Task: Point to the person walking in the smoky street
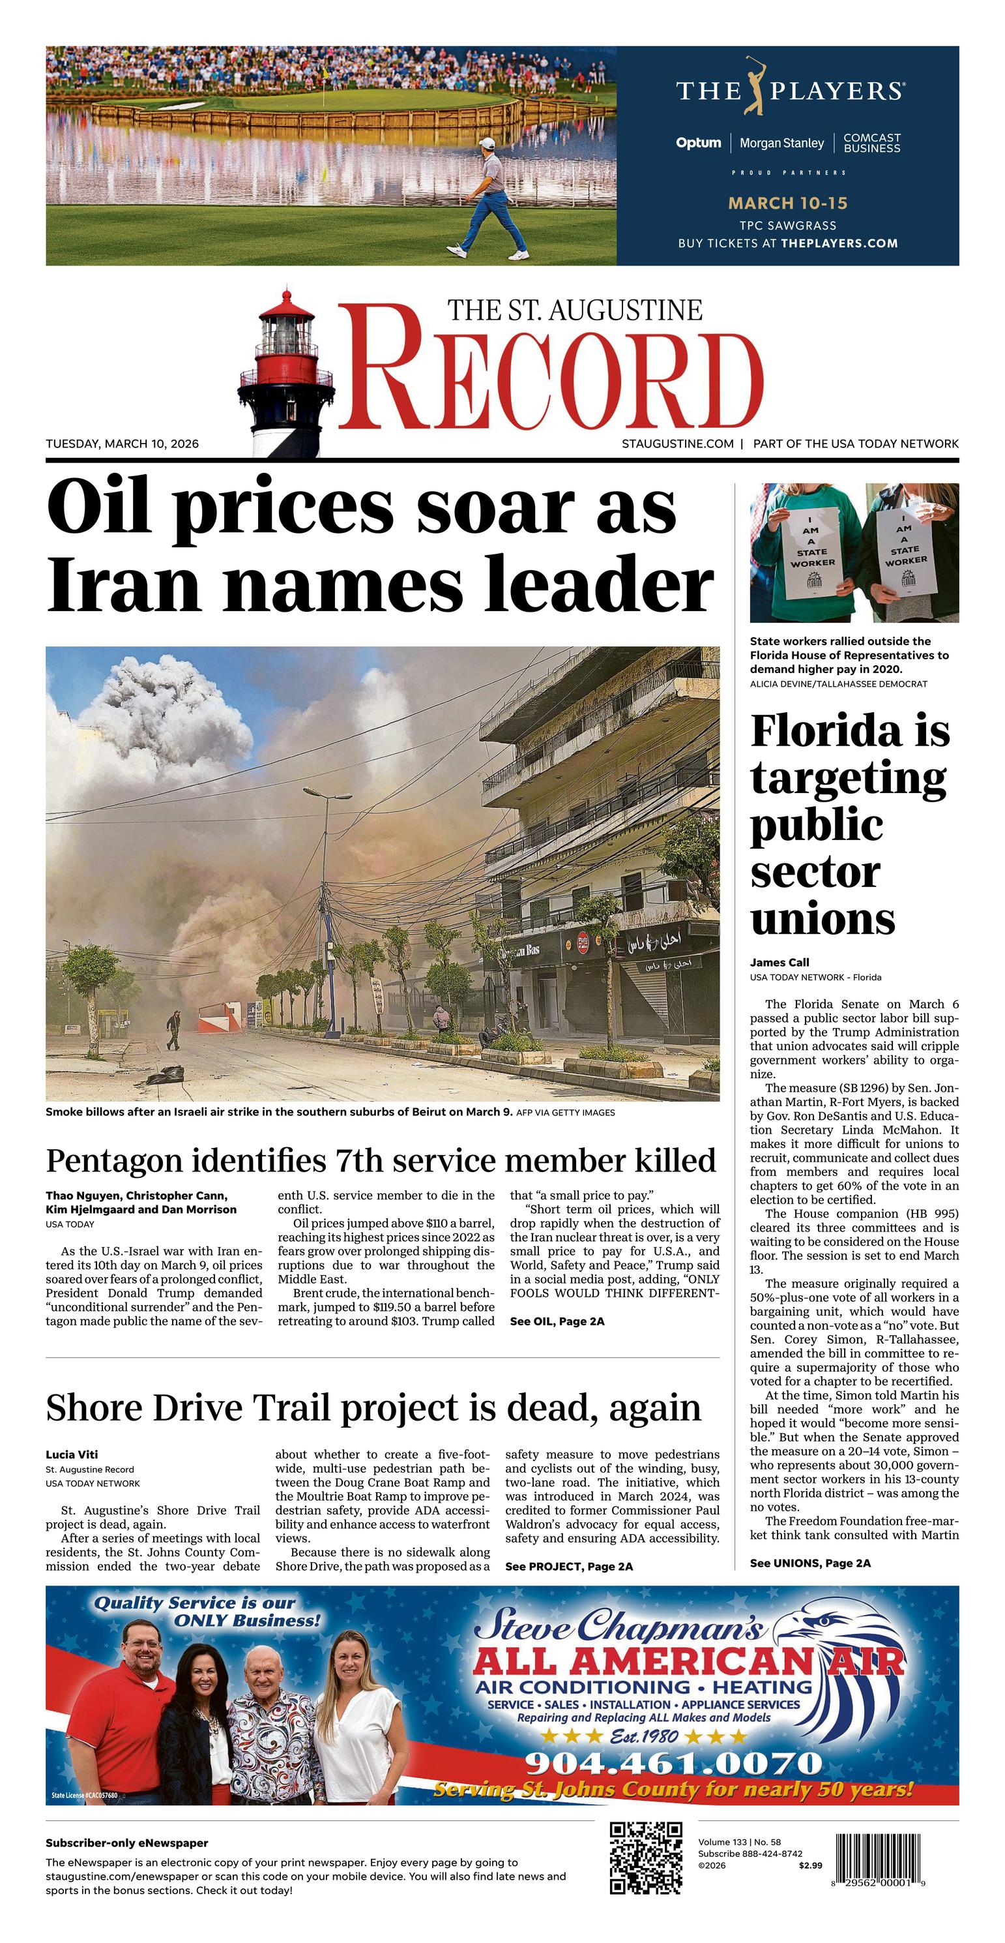coord(174,1031)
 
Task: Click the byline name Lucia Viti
coord(72,1454)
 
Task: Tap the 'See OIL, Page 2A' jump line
coord(557,1321)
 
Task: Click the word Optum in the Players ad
coord(698,143)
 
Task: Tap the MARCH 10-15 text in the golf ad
coord(787,203)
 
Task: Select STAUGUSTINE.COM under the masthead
coord(677,444)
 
